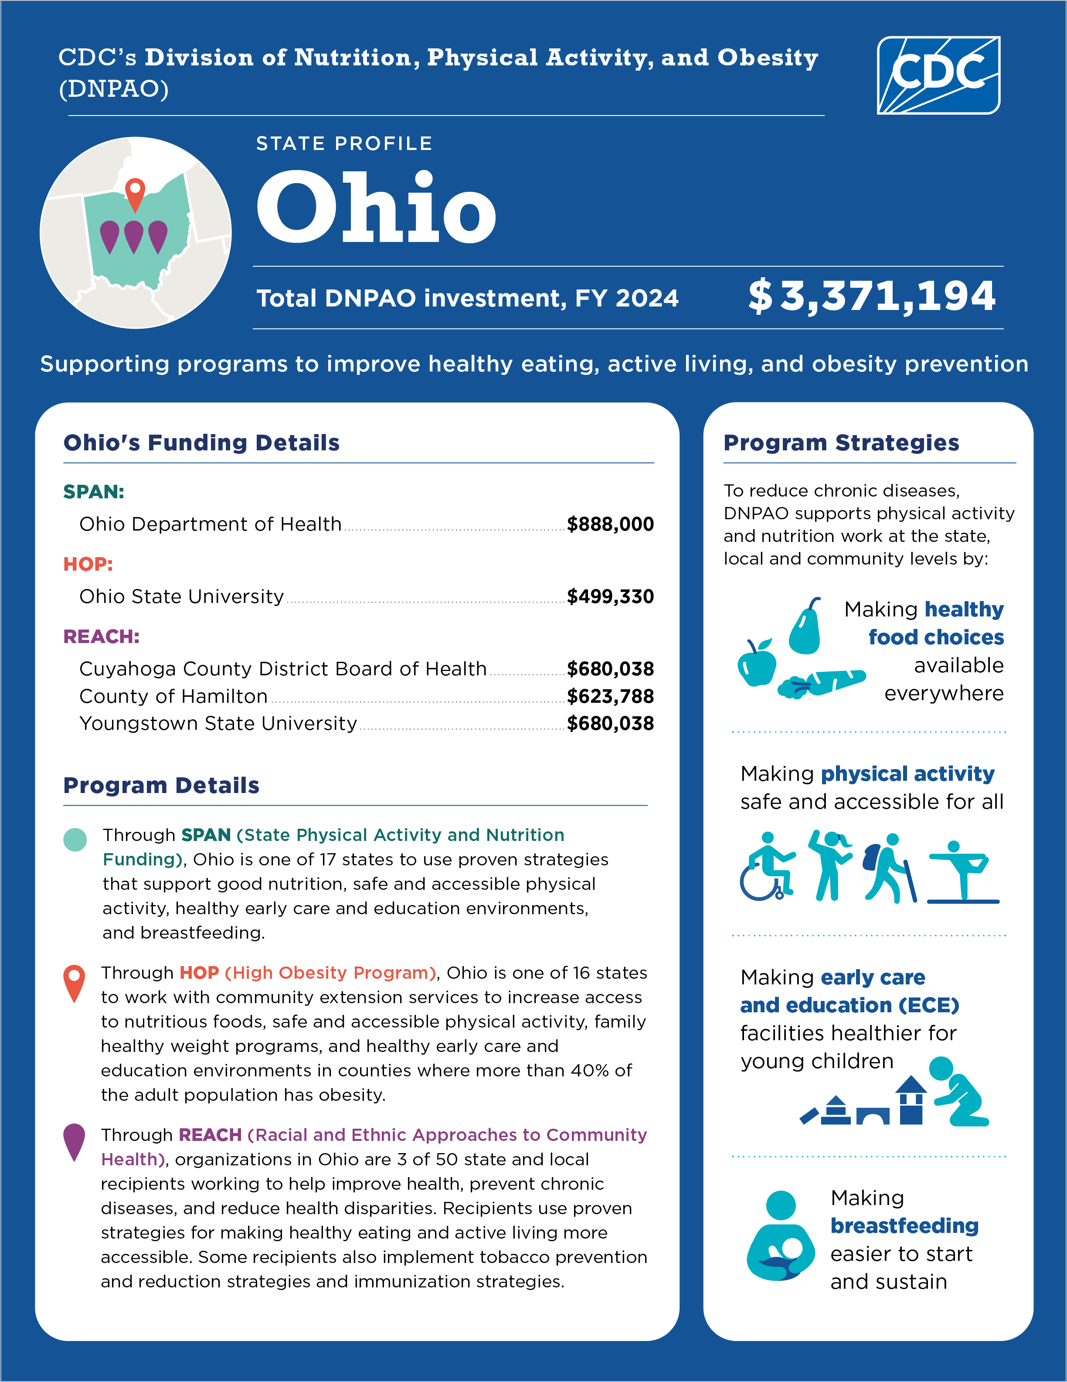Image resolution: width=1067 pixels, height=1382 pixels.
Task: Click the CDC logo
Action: click(x=938, y=75)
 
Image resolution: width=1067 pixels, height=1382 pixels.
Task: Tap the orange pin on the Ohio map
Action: click(x=135, y=193)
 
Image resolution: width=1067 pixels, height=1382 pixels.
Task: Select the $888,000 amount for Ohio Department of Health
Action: click(x=610, y=524)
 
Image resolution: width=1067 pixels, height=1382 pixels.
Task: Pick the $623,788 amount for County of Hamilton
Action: click(x=610, y=696)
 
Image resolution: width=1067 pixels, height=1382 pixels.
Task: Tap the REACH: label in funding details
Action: click(x=101, y=636)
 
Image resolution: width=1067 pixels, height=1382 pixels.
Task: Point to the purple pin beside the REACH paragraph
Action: click(x=75, y=1141)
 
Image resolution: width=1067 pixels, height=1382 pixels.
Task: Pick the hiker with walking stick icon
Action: click(x=889, y=868)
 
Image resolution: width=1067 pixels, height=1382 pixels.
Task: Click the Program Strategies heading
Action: click(x=841, y=443)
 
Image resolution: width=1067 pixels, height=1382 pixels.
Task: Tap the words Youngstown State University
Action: click(x=218, y=723)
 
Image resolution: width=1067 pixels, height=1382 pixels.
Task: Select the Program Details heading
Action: click(x=161, y=785)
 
